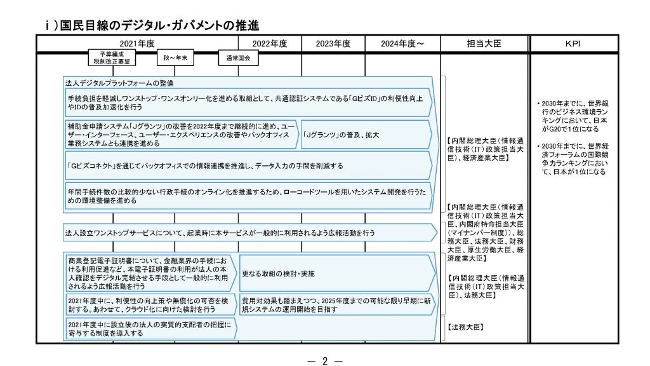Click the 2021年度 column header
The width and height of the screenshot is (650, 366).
[137, 44]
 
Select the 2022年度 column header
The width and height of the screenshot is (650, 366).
[270, 44]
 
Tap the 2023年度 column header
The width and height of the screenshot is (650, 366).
[333, 44]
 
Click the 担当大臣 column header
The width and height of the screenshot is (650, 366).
[484, 44]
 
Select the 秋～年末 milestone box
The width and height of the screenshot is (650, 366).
[176, 58]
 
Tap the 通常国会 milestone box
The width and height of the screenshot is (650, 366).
[238, 58]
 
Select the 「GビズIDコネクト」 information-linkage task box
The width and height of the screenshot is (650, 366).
[248, 166]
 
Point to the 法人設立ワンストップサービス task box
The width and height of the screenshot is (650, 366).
[248, 233]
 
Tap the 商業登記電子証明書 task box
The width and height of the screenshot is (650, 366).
[150, 273]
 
